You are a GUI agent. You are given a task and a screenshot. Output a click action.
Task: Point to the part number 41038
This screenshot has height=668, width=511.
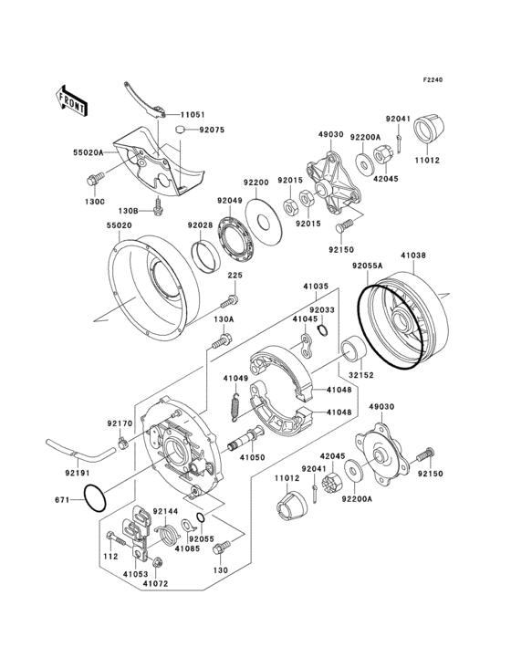pyautogui.click(x=413, y=257)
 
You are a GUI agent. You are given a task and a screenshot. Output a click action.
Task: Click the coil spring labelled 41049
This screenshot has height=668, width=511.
pyautogui.click(x=234, y=406)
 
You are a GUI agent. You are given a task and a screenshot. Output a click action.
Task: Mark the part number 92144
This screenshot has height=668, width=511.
pyautogui.click(x=165, y=513)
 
